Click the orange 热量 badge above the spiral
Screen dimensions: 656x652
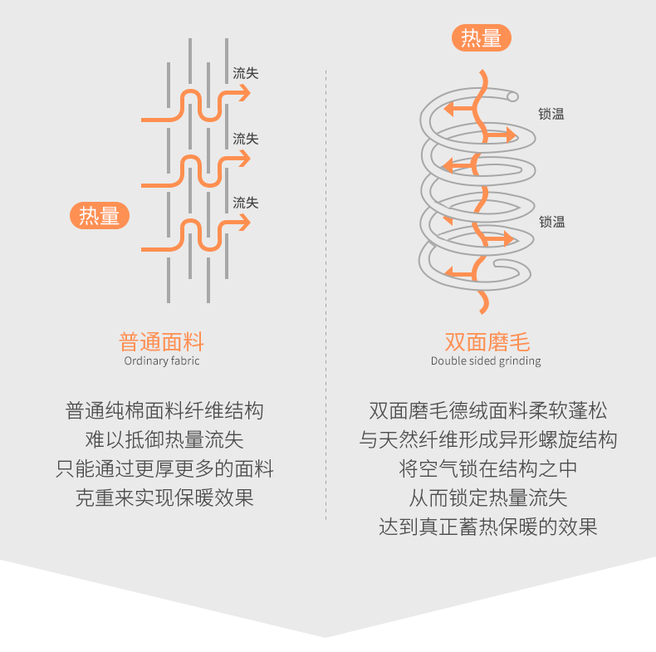pos(482,38)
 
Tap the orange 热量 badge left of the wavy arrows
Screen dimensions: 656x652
pos(100,216)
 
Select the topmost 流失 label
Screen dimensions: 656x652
pos(246,73)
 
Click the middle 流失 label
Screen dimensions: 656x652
pos(246,139)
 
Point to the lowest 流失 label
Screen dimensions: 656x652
pos(246,203)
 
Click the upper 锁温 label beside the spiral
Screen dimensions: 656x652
pos(551,115)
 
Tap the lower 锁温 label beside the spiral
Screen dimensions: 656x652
pos(551,222)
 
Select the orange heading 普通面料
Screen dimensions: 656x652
pos(162,341)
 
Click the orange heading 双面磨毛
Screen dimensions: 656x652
pos(487,341)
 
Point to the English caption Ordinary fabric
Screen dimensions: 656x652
pos(162,360)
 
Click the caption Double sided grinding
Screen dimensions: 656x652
pos(486,360)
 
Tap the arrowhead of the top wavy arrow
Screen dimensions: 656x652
pos(244,94)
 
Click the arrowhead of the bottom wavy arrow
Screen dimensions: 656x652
pos(244,223)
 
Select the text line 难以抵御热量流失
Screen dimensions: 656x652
pos(164,439)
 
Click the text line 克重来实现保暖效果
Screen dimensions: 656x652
pos(164,498)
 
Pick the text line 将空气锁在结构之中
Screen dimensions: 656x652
pos(488,468)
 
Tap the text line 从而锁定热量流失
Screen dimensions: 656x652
pos(488,498)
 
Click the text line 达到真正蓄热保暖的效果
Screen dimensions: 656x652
pos(488,527)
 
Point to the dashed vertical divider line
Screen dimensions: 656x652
pos(326,291)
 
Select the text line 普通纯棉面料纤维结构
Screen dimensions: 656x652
pos(164,410)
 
